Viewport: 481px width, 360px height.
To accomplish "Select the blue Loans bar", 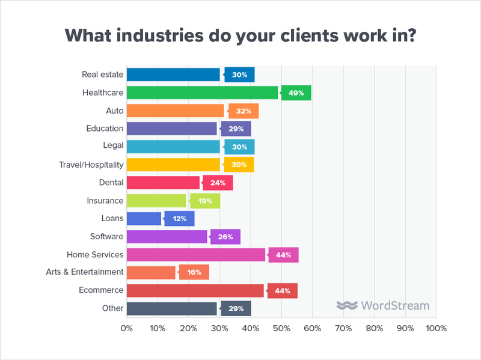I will (x=144, y=219).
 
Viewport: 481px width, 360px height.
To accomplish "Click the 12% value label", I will (x=179, y=219).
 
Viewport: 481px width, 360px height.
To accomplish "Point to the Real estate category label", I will (x=103, y=75).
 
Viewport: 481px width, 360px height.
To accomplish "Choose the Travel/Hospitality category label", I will (x=91, y=165).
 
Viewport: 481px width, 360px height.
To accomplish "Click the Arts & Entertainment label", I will (x=85, y=272).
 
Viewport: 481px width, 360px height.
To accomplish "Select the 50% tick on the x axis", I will (x=281, y=329).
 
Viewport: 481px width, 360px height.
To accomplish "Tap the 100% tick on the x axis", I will (x=436, y=329).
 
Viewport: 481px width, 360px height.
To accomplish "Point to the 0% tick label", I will (x=127, y=329).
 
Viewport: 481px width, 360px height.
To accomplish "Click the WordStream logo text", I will (x=395, y=305).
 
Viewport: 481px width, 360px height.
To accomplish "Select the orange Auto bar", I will (x=176, y=111).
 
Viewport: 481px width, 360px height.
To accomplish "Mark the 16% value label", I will (x=194, y=272).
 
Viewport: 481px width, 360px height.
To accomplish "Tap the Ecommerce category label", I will (x=102, y=290).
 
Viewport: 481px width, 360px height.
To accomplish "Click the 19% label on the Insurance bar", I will (x=204, y=201).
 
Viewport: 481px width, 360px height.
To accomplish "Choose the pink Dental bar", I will (x=163, y=183).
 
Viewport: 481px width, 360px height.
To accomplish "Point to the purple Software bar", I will (x=167, y=237).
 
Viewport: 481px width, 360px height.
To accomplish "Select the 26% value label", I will (x=225, y=237).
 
